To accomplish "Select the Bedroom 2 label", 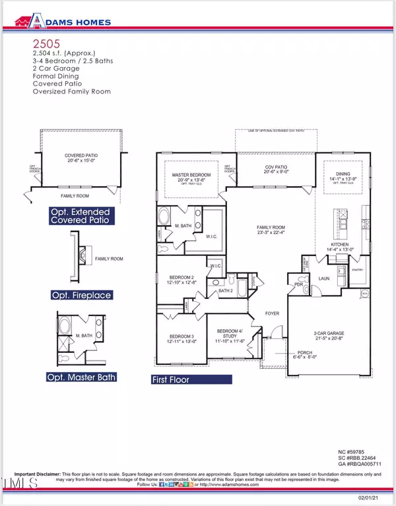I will tap(176, 280).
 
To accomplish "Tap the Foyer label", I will tap(273, 314).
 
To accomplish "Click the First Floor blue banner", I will tap(191, 379).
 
